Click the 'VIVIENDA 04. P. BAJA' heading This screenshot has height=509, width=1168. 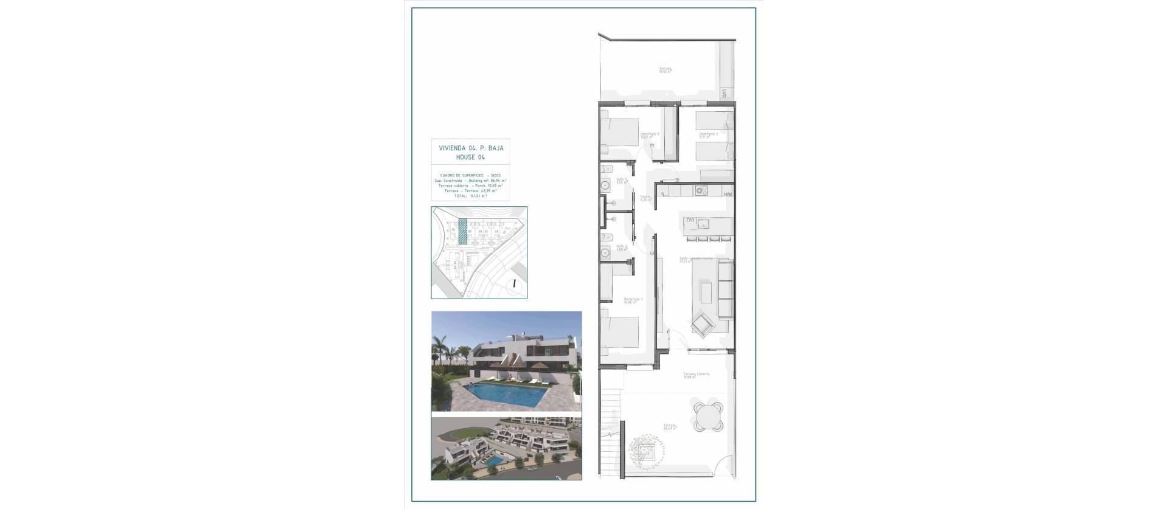(x=471, y=148)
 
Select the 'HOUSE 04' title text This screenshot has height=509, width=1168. (x=471, y=157)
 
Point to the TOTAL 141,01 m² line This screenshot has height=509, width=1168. (x=470, y=196)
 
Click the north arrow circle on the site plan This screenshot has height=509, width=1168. (x=515, y=283)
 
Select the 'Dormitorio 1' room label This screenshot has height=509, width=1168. (x=633, y=300)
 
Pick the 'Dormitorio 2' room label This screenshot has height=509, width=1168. (x=649, y=134)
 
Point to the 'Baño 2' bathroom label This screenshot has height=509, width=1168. (x=605, y=247)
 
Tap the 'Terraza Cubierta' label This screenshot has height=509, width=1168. (x=696, y=375)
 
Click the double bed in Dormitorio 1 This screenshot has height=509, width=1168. (x=619, y=332)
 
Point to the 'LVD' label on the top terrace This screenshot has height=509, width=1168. (x=725, y=94)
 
